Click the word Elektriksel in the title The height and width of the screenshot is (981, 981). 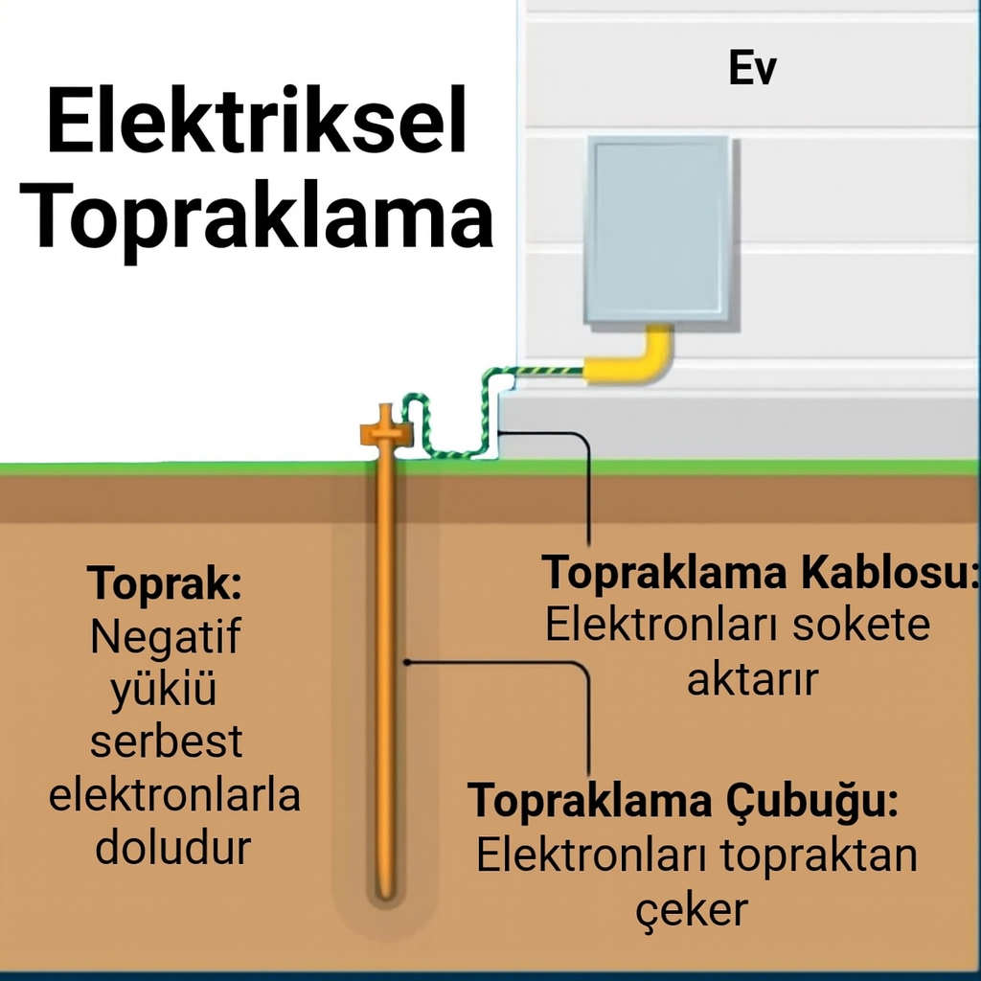(257, 122)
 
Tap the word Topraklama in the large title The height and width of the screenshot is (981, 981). (257, 220)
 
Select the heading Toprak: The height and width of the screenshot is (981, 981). (165, 582)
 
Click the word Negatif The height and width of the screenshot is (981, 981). (165, 636)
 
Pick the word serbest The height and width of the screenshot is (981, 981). (165, 741)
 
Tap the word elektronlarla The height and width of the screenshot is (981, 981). (174, 795)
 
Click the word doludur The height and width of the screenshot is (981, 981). (172, 848)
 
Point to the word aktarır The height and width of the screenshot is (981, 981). (752, 678)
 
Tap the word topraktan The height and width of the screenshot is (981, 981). (819, 856)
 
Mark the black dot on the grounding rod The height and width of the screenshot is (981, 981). (407, 661)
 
